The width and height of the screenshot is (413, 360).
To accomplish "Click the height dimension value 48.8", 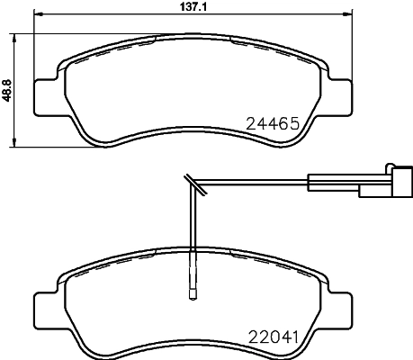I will point(7,90).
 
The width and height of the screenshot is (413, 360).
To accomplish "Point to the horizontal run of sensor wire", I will point(252,184).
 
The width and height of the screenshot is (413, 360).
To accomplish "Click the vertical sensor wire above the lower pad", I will point(191,225).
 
